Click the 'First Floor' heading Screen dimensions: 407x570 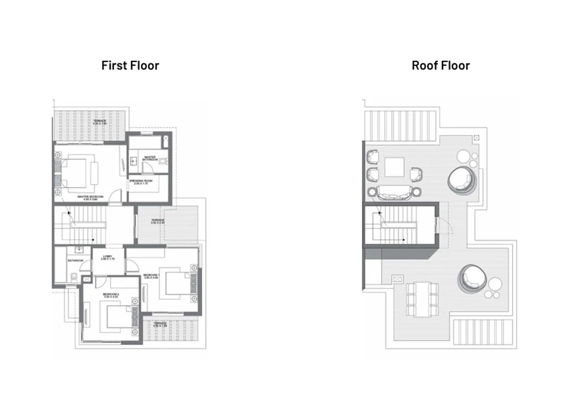pyautogui.click(x=130, y=66)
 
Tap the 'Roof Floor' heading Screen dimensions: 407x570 pyautogui.click(x=440, y=66)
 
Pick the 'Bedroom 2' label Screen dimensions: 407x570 pyautogui.click(x=111, y=295)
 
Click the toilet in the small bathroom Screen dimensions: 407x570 pyautogui.click(x=73, y=276)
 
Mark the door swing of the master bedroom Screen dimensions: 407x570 pyautogui.click(x=117, y=197)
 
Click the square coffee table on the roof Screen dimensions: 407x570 pyautogui.click(x=394, y=167)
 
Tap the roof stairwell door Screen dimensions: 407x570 pyautogui.click(x=439, y=225)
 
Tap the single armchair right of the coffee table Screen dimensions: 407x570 pyautogui.click(x=416, y=174)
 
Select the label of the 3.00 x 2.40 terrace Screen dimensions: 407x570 pyautogui.click(x=158, y=221)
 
